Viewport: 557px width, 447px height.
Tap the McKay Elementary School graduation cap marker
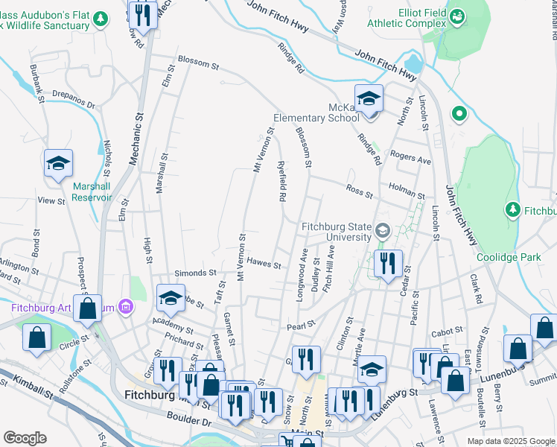(x=369, y=99)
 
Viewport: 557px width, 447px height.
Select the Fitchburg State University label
(x=336, y=232)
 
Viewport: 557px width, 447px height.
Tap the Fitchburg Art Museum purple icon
(x=126, y=306)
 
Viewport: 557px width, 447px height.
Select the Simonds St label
(x=196, y=273)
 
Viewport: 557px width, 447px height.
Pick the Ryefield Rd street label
(x=282, y=183)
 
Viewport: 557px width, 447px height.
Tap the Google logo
(x=25, y=438)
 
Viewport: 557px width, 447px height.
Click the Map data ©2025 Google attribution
(x=510, y=441)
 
